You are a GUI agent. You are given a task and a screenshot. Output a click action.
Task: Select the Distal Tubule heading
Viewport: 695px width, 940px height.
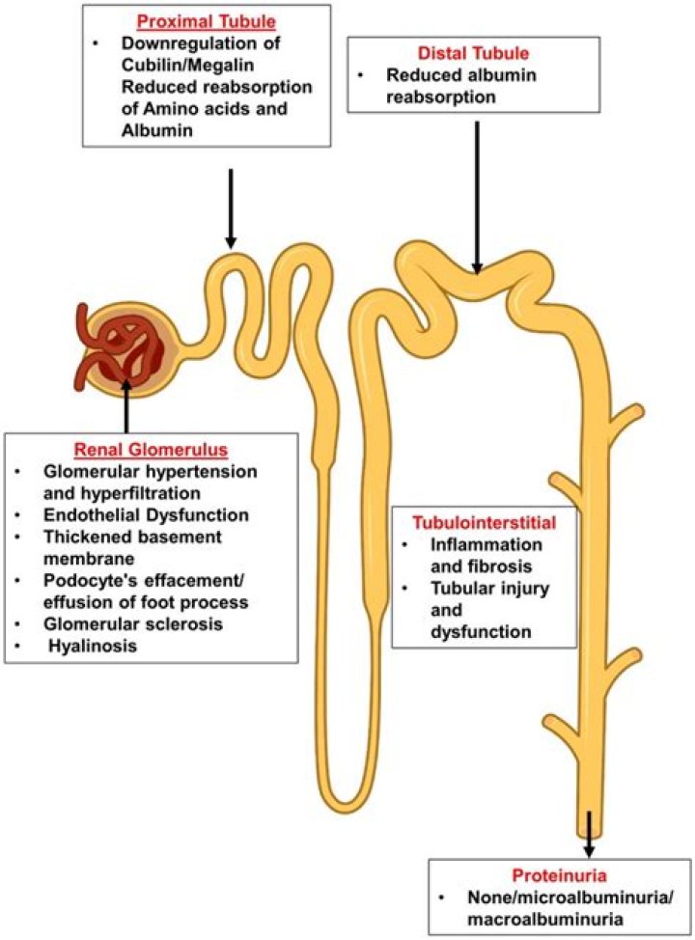pos(473,55)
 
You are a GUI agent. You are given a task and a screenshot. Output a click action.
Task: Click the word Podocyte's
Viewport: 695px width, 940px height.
pos(86,580)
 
